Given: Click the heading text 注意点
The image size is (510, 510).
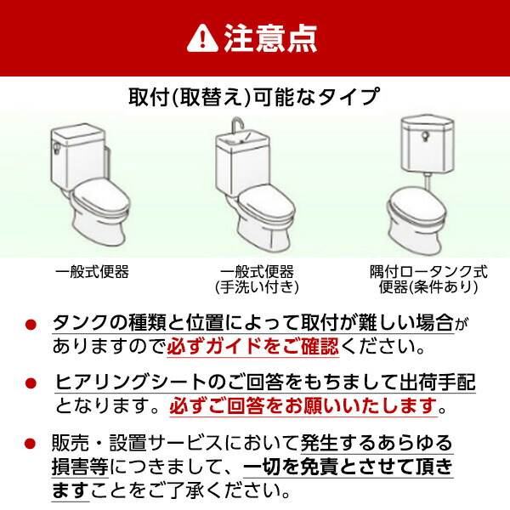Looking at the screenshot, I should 271,37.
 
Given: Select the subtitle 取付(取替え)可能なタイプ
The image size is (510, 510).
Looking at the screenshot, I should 254,96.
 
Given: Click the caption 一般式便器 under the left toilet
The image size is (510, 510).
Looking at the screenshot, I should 92,272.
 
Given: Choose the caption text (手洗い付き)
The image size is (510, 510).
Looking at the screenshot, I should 256,287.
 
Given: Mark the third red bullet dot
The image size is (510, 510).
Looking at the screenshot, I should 31,444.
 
